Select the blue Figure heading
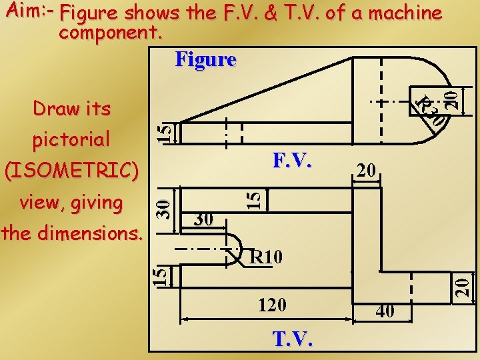(x=205, y=59)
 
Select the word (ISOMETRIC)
(x=72, y=171)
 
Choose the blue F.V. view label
(x=292, y=161)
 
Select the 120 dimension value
(x=272, y=305)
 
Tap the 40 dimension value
(x=384, y=311)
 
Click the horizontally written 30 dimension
(x=203, y=219)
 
